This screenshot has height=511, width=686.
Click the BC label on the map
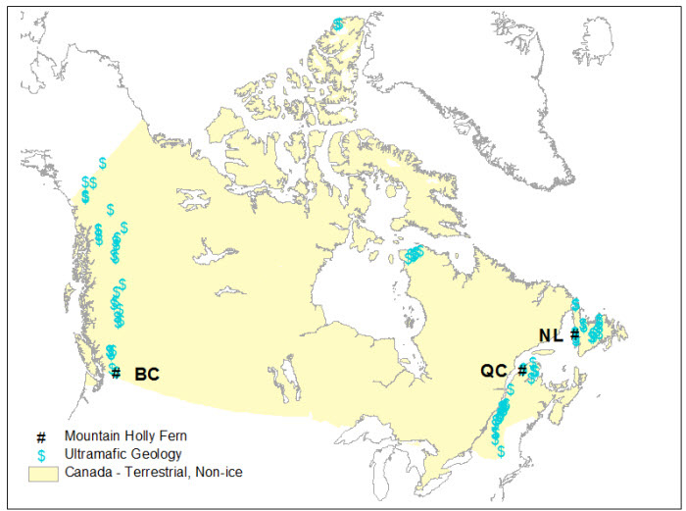pos(146,374)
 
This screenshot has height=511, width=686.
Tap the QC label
pos(493,371)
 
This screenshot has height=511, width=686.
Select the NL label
pos(551,335)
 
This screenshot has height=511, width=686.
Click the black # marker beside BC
pos(116,373)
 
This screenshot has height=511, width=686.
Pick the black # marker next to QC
pos(522,370)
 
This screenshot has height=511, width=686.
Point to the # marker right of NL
pos(575,334)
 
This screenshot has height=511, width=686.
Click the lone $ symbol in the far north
pos(338,24)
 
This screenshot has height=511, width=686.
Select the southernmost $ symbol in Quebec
pos(501,451)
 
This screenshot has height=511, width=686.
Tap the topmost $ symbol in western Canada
pos(102,163)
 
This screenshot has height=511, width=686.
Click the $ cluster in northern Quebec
pos(414,255)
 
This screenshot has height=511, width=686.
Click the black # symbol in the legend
pos(41,435)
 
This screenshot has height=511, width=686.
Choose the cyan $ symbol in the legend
pos(41,454)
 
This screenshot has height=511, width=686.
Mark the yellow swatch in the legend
pos(41,473)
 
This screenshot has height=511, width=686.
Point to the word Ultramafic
pos(97,454)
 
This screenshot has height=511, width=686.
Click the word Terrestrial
pos(158,473)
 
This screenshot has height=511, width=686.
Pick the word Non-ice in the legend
pos(220,473)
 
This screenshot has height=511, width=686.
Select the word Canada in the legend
pos(87,473)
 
